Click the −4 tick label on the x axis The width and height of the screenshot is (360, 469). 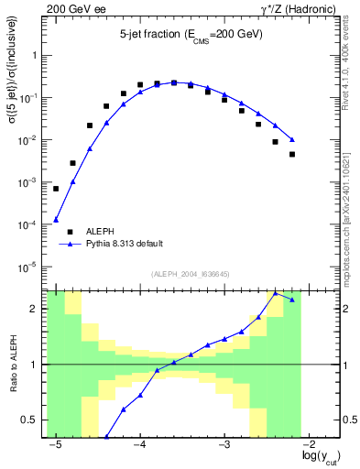click(139, 443)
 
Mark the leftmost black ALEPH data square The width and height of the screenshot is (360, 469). click(56, 189)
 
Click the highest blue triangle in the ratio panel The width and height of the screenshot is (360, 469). click(276, 294)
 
